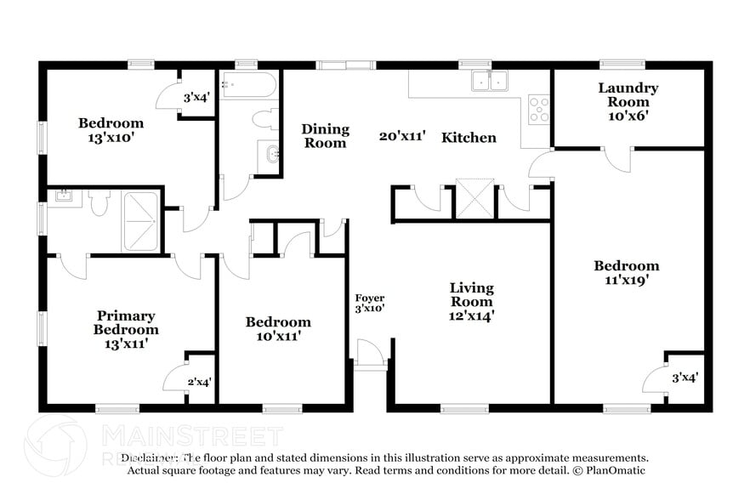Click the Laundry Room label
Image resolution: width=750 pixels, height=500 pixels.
pos(628,101)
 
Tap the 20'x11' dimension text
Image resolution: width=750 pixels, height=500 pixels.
pos(403,136)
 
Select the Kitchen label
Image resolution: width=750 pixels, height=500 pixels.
pos(469,137)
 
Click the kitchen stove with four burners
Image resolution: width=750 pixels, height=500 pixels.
pos(539,108)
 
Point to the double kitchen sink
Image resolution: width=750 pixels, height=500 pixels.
pos(489,81)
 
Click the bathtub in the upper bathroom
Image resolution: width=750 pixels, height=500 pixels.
pos(248,84)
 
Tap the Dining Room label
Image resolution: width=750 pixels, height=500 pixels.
pos(325,136)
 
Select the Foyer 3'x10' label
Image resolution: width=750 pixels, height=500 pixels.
pos(370,303)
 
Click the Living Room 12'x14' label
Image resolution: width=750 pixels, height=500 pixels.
pos(472,302)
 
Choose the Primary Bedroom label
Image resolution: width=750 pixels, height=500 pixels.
pos(126,329)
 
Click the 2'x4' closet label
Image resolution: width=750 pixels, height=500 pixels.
pos(198,382)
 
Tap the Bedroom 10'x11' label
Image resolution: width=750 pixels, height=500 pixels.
pos(278,328)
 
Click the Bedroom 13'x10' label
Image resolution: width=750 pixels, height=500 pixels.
pos(111,129)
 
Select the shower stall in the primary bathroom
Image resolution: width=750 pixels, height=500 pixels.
pos(141,220)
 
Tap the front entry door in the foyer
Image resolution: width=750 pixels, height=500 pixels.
pos(369,352)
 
